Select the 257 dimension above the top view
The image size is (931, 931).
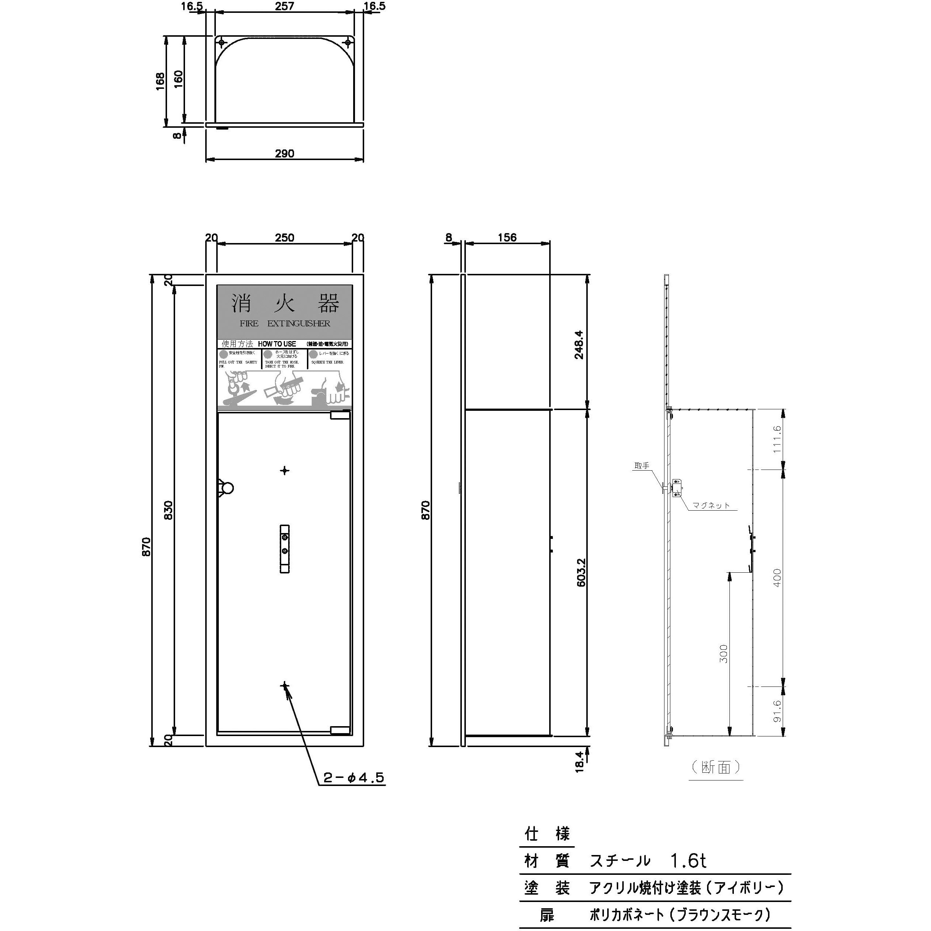tap(285, 6)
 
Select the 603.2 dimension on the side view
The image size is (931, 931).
tap(581, 572)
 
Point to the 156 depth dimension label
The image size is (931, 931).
tap(507, 237)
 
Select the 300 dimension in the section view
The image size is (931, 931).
tap(724, 653)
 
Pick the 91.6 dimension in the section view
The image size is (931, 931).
tap(777, 711)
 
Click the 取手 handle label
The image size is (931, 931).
tap(642, 465)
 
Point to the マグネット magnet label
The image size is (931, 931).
tap(711, 506)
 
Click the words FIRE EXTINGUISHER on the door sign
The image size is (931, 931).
tap(285, 323)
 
